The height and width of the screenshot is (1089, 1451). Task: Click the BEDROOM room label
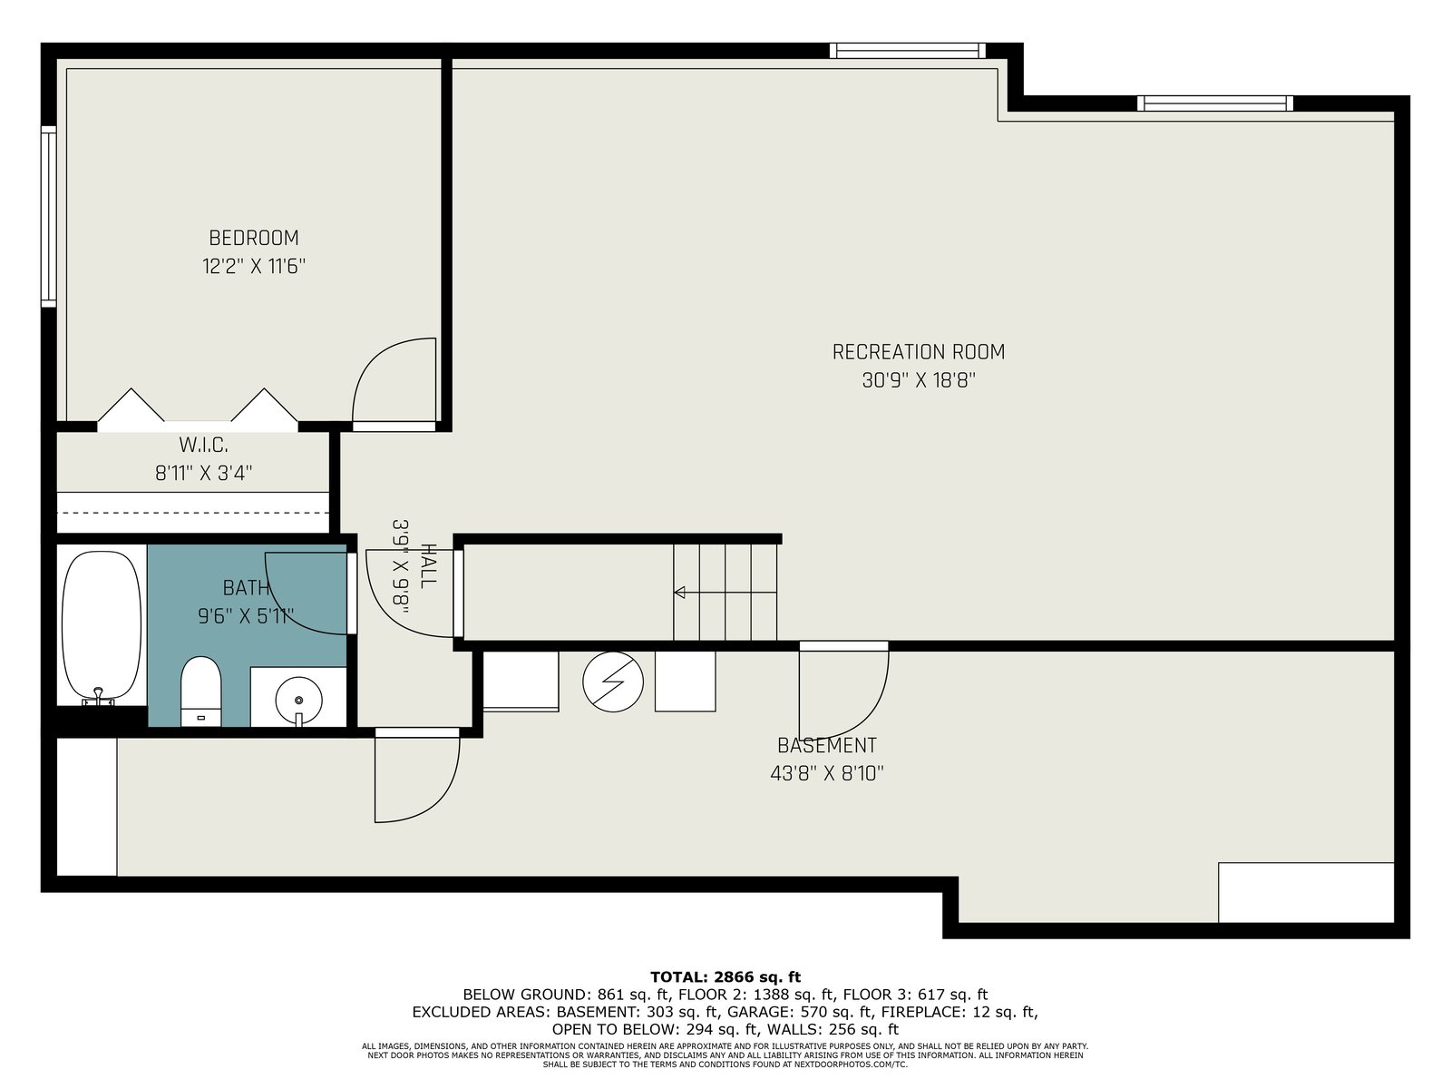tap(254, 238)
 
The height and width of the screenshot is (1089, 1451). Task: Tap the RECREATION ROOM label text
tap(918, 352)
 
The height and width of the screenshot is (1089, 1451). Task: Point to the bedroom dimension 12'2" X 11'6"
tap(254, 267)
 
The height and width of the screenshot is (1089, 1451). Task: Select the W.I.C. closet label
tap(204, 445)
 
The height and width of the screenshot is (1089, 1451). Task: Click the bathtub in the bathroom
tap(102, 627)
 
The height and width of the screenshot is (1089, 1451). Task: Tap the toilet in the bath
tap(200, 691)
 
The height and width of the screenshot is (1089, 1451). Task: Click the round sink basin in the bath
tap(298, 700)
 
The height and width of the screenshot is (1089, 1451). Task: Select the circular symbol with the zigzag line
tap(613, 682)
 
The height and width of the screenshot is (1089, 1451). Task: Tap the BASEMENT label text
tap(827, 745)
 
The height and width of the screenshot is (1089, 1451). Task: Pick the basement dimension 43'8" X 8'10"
tap(827, 773)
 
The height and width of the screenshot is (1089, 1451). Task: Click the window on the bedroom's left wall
tap(48, 216)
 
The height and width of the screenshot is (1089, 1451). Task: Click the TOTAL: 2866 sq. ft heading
tap(725, 977)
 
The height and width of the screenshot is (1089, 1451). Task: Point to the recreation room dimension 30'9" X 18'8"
tap(919, 380)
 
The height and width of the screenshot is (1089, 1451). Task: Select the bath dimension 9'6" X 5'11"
tap(246, 616)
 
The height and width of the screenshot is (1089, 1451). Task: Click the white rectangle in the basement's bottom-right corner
tap(1306, 892)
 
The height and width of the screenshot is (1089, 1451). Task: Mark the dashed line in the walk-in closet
tap(193, 513)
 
